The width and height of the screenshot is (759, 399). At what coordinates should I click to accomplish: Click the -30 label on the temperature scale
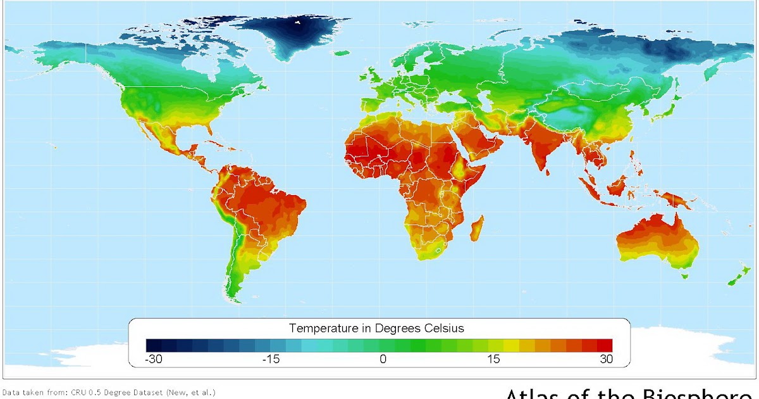pyautogui.click(x=155, y=359)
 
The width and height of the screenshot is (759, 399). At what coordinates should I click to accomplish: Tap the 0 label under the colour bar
pyautogui.click(x=383, y=359)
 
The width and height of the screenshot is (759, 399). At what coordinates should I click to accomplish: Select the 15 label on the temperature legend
pyautogui.click(x=493, y=359)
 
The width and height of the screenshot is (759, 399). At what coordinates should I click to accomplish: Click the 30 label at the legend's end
pyautogui.click(x=606, y=359)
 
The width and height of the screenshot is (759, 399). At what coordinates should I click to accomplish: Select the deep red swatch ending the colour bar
pyautogui.click(x=605, y=345)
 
